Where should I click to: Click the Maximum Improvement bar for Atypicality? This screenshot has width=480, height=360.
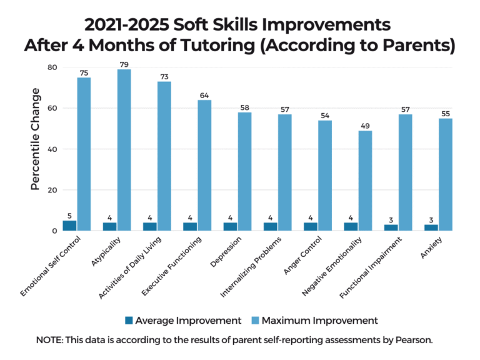pos(124,150)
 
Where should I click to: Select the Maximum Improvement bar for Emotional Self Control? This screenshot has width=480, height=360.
pos(84,154)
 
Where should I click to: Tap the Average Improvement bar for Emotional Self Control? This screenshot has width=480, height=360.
pos(70,226)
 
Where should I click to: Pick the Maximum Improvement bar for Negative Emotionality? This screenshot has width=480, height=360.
pos(365,181)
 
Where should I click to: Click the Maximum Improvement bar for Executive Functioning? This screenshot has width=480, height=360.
pos(204,165)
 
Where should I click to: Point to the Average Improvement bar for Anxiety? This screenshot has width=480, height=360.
pos(432,227)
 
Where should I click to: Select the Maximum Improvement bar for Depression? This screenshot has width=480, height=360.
pos(244,171)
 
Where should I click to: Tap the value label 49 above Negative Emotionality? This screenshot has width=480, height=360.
pos(365,126)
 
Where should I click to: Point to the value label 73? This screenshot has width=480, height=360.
pos(164,76)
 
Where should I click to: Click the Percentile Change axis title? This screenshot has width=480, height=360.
pos(36,139)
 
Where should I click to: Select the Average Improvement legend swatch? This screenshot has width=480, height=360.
pos(129,321)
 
